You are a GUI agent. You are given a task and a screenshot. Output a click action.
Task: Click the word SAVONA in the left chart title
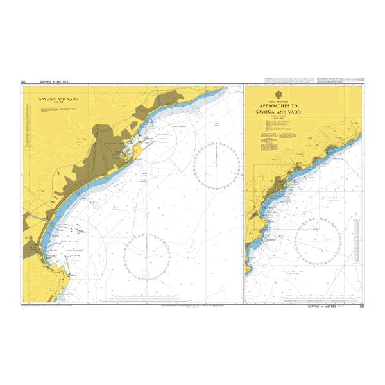click(x=49, y=100)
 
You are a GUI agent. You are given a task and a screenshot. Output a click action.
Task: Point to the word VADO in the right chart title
click(x=293, y=112)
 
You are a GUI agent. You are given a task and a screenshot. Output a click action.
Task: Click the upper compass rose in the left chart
click(x=216, y=166)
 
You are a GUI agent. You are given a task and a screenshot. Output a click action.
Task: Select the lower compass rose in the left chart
click(x=146, y=257)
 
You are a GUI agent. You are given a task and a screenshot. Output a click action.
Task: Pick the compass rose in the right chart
click(x=318, y=242)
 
